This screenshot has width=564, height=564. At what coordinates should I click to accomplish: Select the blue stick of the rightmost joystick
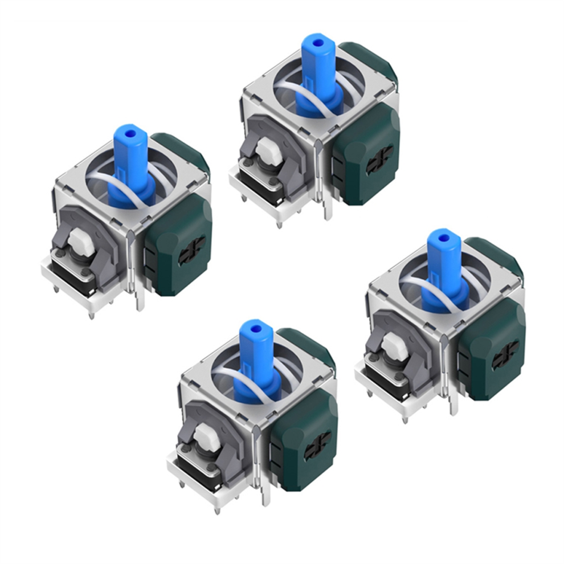tap(442, 265)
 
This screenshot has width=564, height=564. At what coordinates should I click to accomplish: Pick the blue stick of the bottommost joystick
tap(256, 356)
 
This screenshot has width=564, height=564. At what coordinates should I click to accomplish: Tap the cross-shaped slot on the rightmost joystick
tap(504, 353)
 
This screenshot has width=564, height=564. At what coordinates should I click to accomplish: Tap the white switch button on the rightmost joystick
tap(393, 345)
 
